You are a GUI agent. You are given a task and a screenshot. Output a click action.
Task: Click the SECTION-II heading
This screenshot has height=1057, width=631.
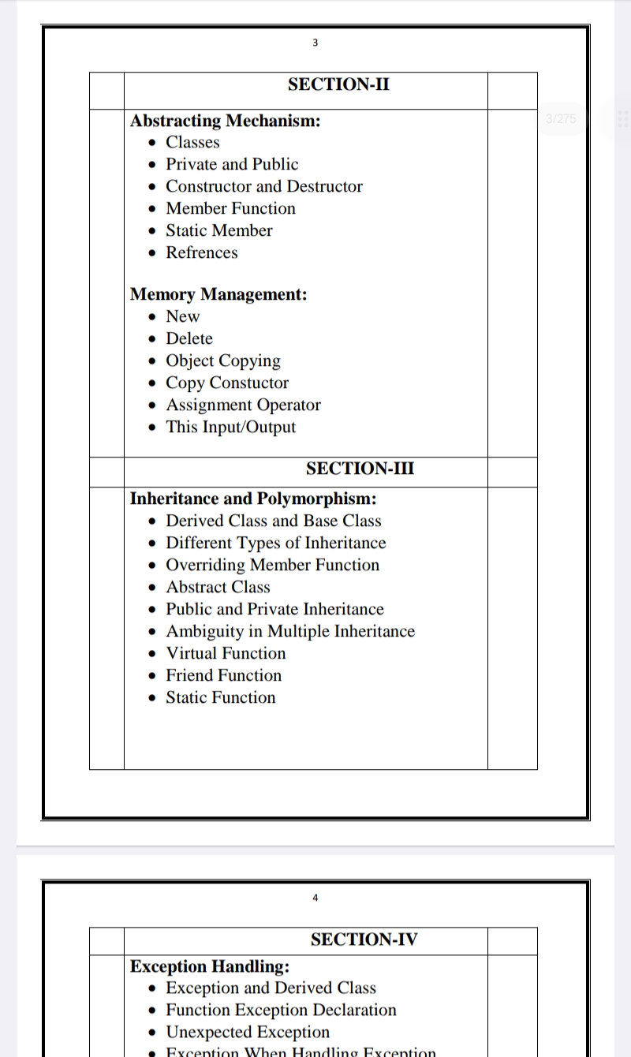pos(338,84)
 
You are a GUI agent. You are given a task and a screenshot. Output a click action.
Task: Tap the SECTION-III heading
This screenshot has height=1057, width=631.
pos(360,469)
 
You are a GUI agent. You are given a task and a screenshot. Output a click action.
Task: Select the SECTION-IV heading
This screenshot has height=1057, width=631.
pos(364,939)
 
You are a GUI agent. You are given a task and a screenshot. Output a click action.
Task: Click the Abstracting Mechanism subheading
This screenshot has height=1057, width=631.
pos(225,121)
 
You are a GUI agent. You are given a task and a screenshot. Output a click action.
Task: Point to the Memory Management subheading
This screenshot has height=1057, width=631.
pos(218,294)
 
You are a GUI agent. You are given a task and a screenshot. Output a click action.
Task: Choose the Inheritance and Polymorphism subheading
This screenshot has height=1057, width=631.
pos(252,499)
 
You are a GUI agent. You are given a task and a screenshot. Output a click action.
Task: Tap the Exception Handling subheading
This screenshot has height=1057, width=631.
pos(209,966)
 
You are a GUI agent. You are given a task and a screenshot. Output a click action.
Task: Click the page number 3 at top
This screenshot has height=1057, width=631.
pos(315,43)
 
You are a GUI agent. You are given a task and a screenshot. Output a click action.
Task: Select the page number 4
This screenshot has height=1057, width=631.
pos(315,898)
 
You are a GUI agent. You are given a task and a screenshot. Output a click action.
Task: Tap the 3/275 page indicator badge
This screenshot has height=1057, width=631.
pos(561,118)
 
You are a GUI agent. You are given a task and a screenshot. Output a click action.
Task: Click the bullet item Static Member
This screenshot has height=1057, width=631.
pos(218,230)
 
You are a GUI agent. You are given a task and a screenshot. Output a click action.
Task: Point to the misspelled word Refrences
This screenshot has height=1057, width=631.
pos(201,252)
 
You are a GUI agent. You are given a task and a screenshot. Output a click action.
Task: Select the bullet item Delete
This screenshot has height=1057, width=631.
pos(189,338)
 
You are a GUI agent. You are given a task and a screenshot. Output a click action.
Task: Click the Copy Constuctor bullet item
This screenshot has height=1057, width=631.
pos(227,383)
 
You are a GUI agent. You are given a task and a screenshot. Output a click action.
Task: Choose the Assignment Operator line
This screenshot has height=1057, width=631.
pos(243,405)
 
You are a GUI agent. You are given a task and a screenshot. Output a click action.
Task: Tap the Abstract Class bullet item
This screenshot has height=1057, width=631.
pos(218,587)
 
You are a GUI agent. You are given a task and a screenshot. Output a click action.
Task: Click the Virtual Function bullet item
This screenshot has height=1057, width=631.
pos(226,653)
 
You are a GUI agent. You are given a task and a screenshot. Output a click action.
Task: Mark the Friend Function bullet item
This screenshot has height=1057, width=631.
pos(223,675)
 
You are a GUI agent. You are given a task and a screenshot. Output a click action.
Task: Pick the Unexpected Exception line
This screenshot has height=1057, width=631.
pos(248,1032)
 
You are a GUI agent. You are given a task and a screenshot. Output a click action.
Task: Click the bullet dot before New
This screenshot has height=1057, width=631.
pos(152,317)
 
